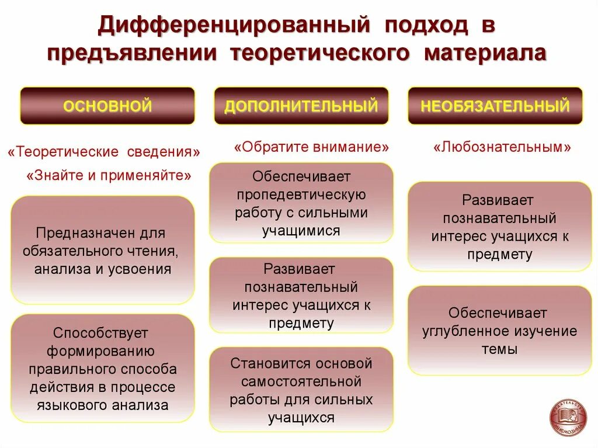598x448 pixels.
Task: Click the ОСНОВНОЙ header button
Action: [107, 106]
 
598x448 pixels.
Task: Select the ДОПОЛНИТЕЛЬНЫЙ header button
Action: [301, 106]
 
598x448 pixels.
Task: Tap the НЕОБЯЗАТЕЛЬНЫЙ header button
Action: [495, 106]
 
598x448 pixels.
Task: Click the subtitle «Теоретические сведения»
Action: [104, 152]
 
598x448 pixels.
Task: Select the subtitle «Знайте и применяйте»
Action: [109, 175]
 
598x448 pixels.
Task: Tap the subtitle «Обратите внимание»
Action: [311, 147]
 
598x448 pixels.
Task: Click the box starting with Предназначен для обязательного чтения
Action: [103, 250]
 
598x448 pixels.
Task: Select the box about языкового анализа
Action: [103, 369]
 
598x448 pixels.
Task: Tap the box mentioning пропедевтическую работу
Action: [301, 203]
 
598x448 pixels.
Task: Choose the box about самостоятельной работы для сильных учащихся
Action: [301, 390]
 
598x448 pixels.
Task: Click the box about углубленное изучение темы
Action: [499, 331]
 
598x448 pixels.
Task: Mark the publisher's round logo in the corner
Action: [568, 417]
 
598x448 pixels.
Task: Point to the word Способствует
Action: [100, 333]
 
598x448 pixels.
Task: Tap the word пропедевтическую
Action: [301, 195]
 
